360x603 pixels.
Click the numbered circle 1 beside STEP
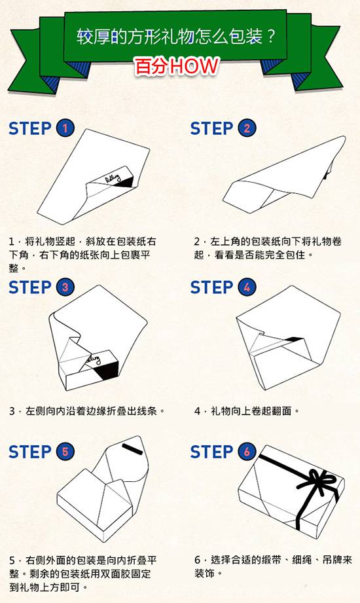click(65, 128)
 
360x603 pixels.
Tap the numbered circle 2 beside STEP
click(247, 128)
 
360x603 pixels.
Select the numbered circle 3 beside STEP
click(65, 287)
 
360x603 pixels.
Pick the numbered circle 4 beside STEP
click(247, 287)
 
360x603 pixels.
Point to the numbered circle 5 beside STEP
click(65, 451)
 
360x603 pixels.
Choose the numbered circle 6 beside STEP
click(247, 451)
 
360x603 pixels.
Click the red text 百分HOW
click(177, 66)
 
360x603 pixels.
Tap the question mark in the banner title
click(271, 37)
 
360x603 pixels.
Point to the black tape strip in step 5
click(133, 449)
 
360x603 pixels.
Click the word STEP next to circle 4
click(211, 287)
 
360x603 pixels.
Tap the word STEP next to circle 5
click(29, 452)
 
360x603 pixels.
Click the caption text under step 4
click(247, 411)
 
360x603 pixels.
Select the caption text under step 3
click(87, 411)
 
